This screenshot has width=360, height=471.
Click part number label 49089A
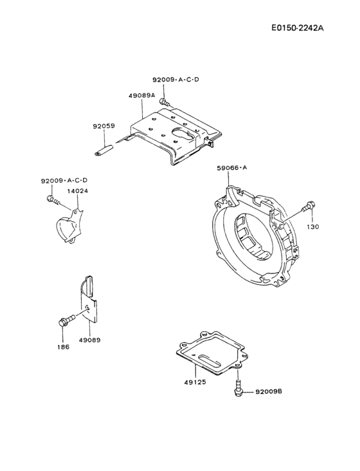(x=141, y=95)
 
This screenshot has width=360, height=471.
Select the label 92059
(x=104, y=127)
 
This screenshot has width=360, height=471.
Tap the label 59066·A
(x=231, y=167)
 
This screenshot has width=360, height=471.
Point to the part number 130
(x=312, y=227)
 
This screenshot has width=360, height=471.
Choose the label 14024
(x=78, y=191)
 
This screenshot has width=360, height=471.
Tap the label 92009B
(x=269, y=391)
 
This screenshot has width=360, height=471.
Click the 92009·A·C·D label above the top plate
(x=175, y=80)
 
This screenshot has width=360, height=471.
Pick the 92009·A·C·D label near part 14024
(x=64, y=181)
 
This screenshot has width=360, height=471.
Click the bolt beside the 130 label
(x=309, y=208)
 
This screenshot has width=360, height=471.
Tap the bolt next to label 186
(x=64, y=320)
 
